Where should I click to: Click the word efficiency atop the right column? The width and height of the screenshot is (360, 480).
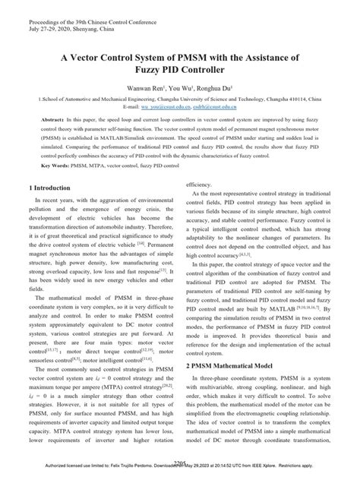click(200, 185)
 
